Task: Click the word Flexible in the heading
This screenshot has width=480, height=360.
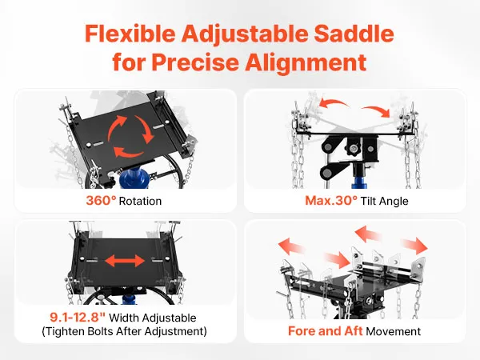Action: pos(130,34)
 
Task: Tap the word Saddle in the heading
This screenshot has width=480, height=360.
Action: pos(354,34)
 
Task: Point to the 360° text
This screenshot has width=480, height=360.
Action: pos(101,201)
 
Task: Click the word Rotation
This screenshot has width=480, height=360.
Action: pos(140,201)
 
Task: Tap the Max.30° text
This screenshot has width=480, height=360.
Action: pos(331,201)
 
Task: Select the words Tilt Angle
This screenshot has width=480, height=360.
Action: pos(385,201)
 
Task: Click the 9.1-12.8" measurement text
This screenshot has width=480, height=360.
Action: pos(78,317)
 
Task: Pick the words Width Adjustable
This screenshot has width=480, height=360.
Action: pos(153,318)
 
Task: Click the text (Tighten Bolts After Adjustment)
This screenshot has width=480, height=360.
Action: pos(124,331)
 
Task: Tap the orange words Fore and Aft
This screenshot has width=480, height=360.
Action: pos(325,331)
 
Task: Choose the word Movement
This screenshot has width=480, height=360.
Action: pos(394,331)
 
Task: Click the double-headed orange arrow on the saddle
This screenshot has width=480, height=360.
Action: pos(125,261)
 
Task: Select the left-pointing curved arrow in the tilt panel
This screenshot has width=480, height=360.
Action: pos(334,103)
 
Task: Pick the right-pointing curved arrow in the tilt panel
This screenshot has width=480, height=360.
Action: pos(376,111)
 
